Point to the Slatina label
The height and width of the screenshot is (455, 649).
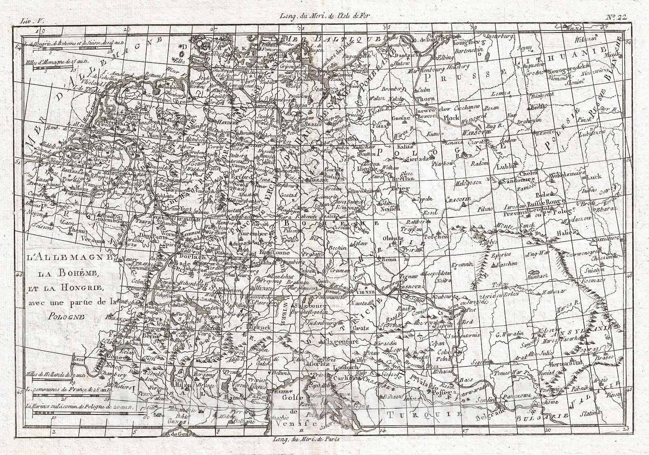click(x=589, y=413)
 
